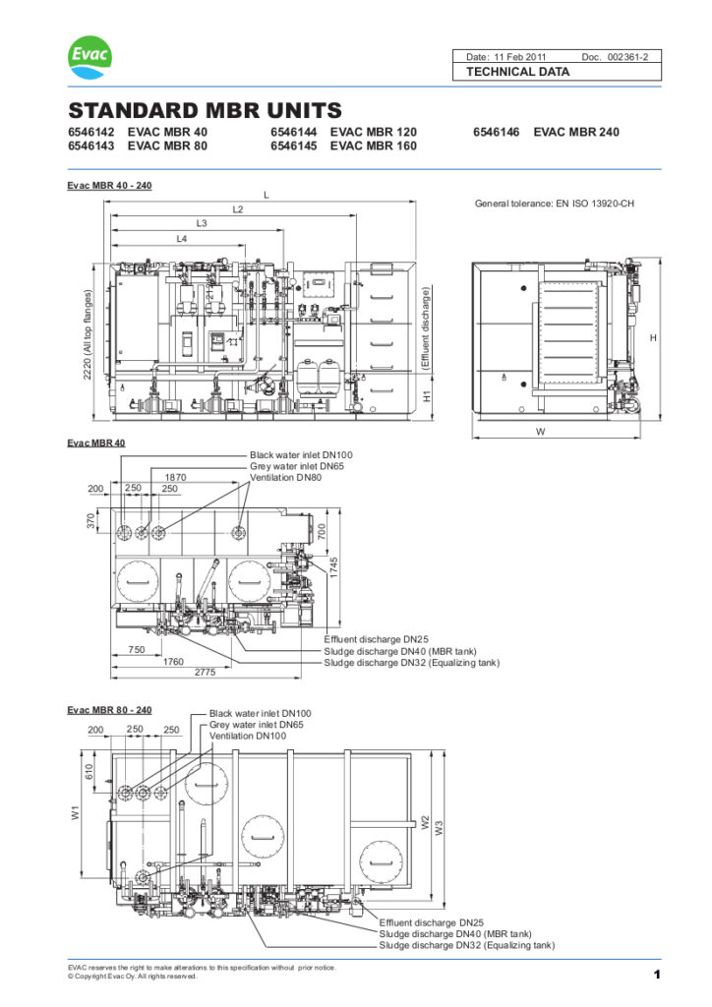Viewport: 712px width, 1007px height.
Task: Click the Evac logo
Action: (x=89, y=58)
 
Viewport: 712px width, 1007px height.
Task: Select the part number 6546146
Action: (x=501, y=132)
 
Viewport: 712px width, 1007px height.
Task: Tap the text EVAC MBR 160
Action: (x=373, y=146)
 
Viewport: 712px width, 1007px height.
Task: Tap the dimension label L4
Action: (x=182, y=239)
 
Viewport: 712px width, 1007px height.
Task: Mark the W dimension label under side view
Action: (x=540, y=431)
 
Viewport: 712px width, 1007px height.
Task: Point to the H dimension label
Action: (x=653, y=337)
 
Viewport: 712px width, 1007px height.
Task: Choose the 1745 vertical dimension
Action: (x=334, y=566)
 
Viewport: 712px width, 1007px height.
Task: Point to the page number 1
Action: (x=655, y=974)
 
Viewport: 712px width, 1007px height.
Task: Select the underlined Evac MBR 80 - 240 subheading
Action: (x=109, y=709)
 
